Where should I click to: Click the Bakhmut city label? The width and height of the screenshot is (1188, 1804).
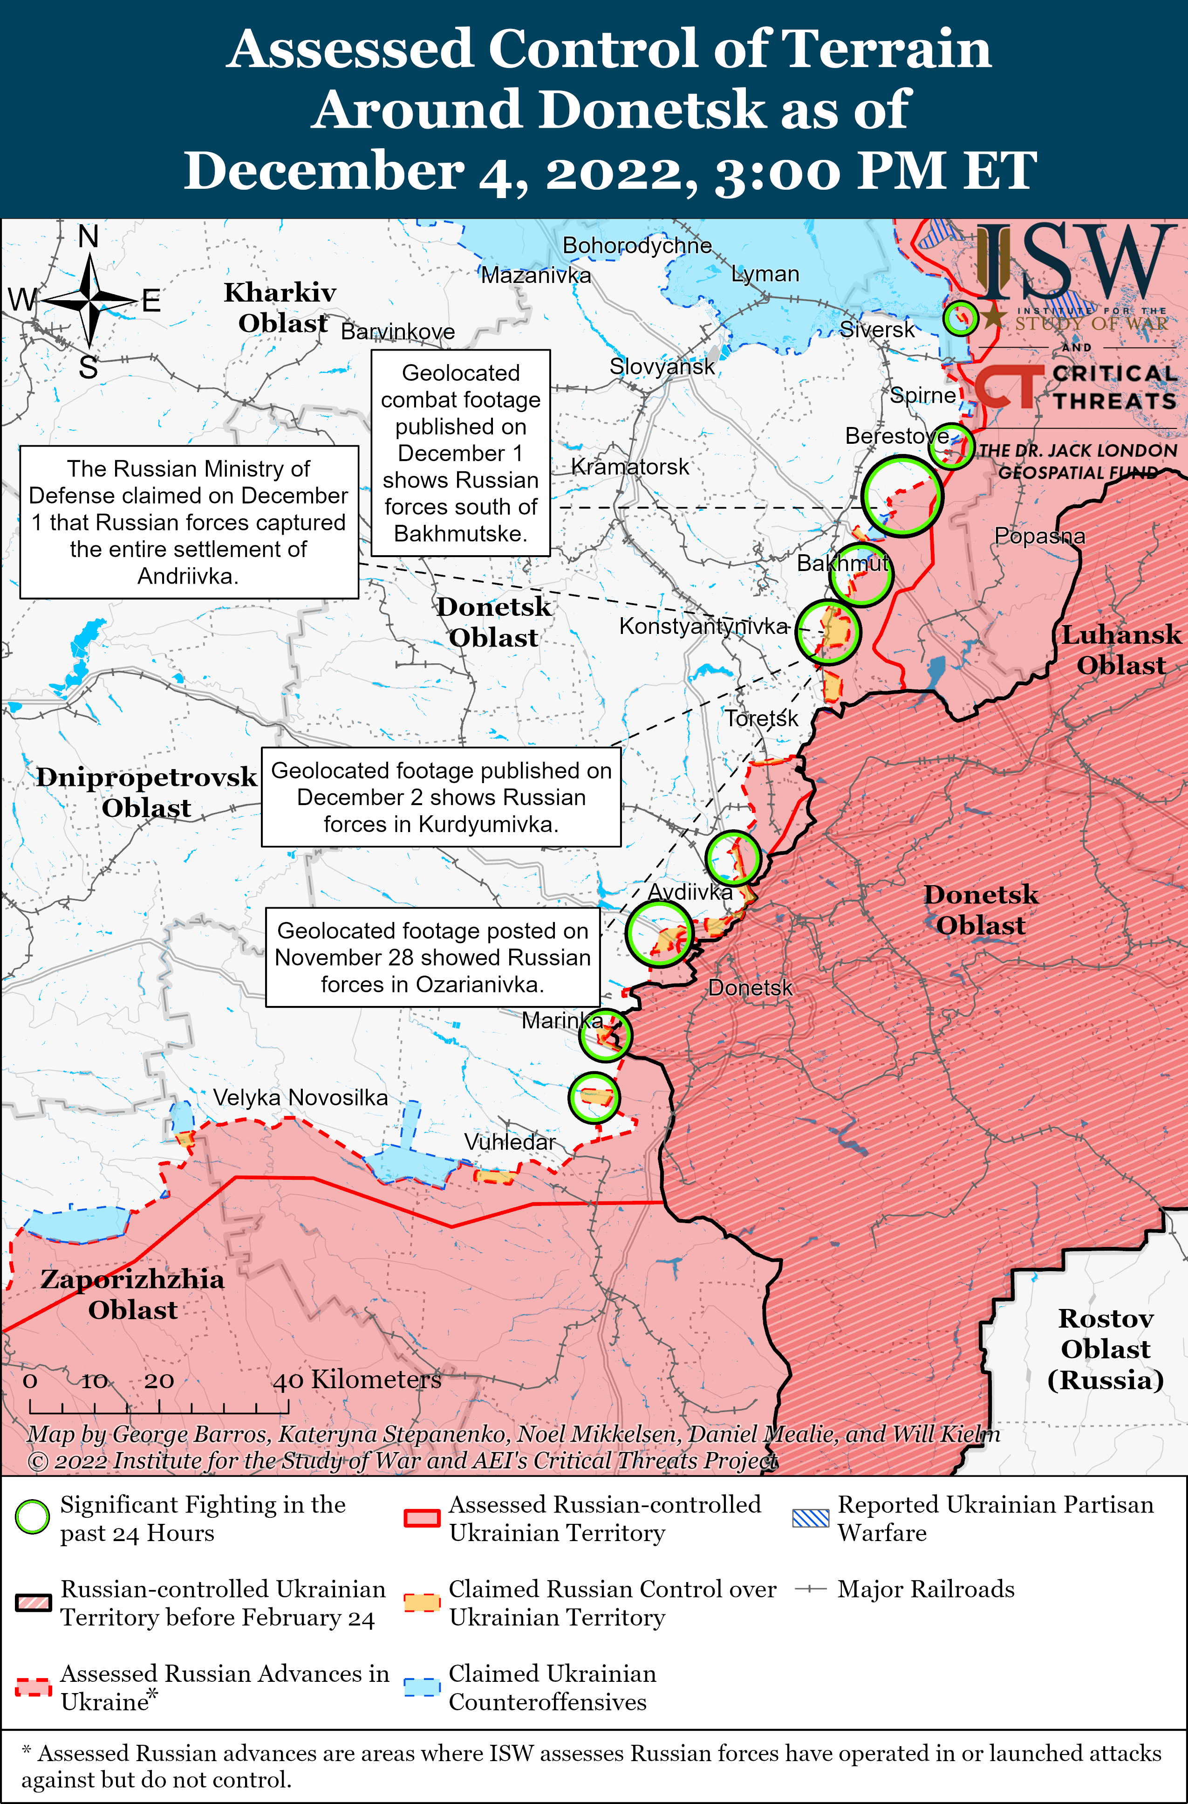[842, 563]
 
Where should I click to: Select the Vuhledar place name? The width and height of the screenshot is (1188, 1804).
[510, 1142]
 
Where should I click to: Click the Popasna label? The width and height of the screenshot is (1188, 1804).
[1039, 536]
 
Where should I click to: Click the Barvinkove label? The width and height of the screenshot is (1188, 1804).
[398, 331]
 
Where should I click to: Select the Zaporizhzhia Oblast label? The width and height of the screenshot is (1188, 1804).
[133, 1294]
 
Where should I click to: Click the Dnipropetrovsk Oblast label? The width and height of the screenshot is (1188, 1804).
[146, 792]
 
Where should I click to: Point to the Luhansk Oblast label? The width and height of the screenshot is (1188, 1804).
[1120, 650]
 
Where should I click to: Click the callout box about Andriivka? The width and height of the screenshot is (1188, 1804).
[189, 522]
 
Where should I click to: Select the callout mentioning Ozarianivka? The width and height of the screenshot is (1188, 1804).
[433, 957]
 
